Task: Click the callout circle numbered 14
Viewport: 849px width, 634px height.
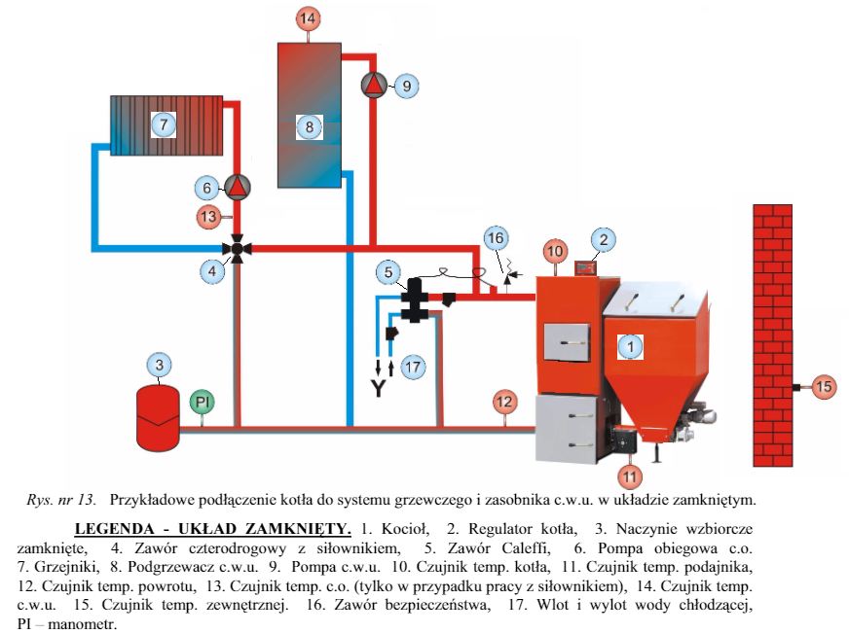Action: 308,18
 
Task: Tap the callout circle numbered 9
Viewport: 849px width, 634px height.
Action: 407,86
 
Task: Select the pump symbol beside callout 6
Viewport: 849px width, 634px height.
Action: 237,187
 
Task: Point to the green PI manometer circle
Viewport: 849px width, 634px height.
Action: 202,401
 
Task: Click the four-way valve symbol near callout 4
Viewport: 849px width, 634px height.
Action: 236,249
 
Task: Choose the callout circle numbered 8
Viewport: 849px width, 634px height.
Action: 308,126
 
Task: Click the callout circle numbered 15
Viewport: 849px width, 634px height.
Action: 824,387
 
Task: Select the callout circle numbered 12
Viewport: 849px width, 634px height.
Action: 503,401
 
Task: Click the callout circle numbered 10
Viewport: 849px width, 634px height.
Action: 555,251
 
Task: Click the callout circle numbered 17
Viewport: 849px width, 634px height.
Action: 414,367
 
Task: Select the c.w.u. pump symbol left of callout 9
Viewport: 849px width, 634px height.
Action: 374,86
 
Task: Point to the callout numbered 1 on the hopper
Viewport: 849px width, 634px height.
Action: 630,344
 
